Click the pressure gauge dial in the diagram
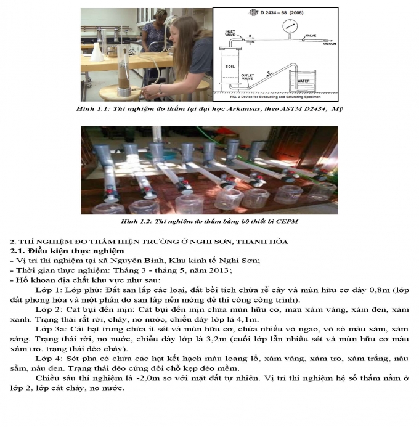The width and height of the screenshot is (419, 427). [x=286, y=26]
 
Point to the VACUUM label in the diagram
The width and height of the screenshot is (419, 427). [x=327, y=44]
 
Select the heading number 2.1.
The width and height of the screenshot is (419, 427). [x=18, y=251]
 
